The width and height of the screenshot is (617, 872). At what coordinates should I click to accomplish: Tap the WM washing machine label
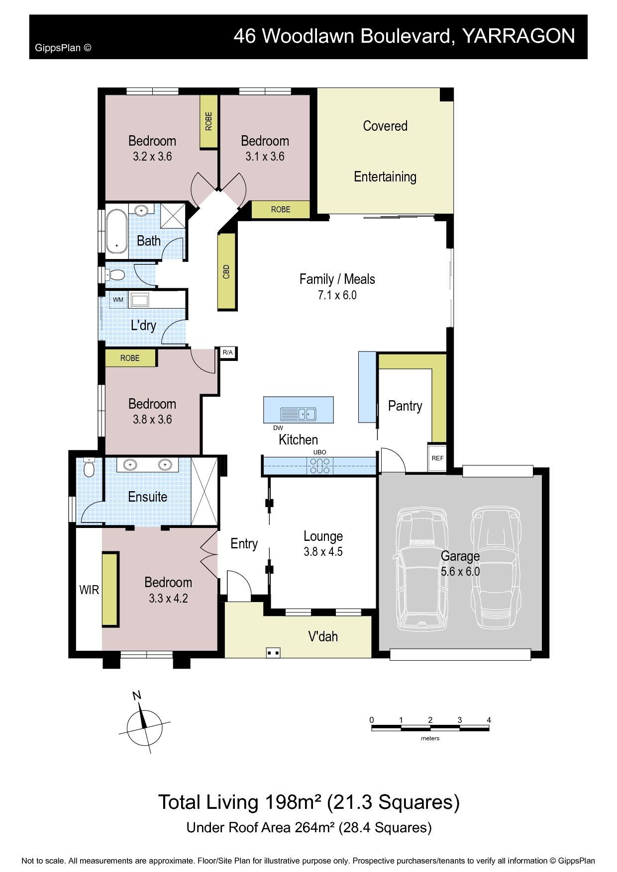(x=118, y=300)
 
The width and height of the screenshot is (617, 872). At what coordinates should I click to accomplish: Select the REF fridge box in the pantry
(x=437, y=458)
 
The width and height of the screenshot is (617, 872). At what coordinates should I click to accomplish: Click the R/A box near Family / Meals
(x=227, y=352)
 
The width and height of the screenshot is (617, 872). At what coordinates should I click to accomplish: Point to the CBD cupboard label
(x=227, y=271)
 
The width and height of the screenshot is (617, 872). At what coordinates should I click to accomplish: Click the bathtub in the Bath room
(x=116, y=231)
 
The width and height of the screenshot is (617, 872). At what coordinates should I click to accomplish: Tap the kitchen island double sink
(x=298, y=414)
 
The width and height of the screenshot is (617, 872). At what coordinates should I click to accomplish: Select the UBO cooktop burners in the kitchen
(x=319, y=466)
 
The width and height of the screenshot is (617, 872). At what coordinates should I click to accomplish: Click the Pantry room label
(x=405, y=406)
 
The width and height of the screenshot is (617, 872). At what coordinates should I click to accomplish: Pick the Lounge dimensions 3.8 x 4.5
(x=323, y=551)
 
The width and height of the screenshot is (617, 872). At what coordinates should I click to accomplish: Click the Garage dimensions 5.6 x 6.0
(x=460, y=572)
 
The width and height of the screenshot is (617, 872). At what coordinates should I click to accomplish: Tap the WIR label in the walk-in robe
(x=90, y=590)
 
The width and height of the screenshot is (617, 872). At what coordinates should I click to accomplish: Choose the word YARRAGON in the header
(x=518, y=36)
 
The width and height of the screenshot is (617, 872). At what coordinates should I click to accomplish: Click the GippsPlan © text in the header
(x=63, y=48)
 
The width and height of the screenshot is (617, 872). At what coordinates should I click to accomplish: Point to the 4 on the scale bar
(x=489, y=720)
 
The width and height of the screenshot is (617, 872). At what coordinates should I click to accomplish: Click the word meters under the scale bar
(x=430, y=738)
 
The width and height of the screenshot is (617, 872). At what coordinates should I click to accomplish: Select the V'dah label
(x=323, y=636)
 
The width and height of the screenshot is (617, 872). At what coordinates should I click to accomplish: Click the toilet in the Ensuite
(x=89, y=467)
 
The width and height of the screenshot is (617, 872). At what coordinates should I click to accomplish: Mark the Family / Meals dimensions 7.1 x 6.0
(x=337, y=295)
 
